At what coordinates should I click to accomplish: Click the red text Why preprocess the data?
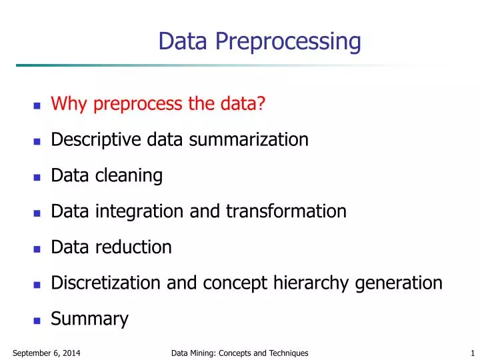pyautogui.click(x=159, y=104)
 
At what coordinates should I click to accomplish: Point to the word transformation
pyautogui.click(x=286, y=211)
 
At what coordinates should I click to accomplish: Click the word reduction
pyautogui.click(x=133, y=247)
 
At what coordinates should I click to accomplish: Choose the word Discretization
pyautogui.click(x=106, y=283)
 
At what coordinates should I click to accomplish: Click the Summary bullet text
pyautogui.click(x=89, y=319)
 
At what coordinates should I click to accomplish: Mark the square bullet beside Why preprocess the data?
pyautogui.click(x=37, y=105)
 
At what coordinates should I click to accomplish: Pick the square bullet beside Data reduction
pyautogui.click(x=37, y=249)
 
